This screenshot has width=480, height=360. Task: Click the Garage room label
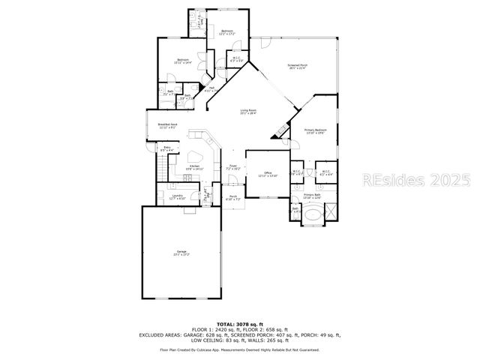click(181, 253)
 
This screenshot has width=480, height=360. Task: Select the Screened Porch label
click(298, 67)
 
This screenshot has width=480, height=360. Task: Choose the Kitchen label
click(195, 167)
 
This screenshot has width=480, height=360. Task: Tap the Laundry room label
click(178, 196)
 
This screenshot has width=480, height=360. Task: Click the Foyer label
click(233, 167)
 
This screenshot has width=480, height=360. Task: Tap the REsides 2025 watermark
click(416, 180)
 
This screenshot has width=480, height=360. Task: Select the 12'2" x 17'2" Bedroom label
click(227, 32)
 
